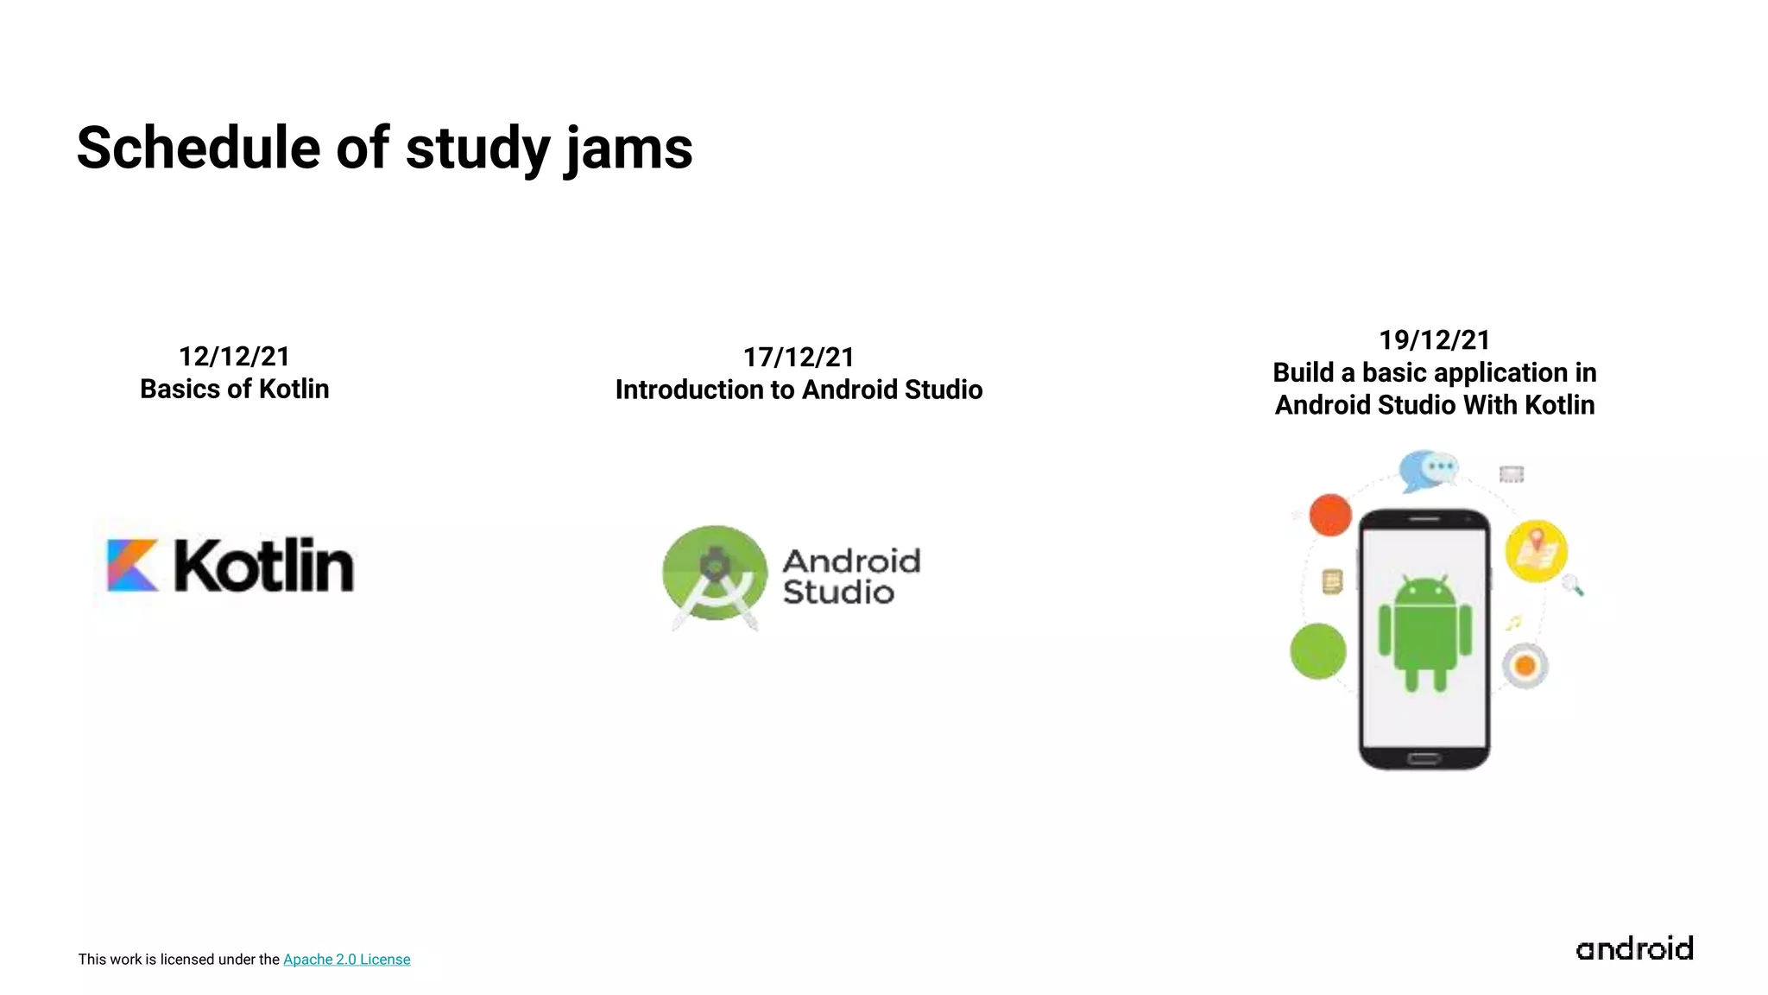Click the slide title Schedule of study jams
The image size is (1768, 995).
click(x=384, y=149)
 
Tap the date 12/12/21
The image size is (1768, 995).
click(x=234, y=356)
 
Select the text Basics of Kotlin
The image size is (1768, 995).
click(x=234, y=389)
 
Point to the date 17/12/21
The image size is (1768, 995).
click(x=799, y=357)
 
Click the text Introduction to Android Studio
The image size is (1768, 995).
click(x=799, y=390)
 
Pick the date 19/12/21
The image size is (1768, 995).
click(x=1434, y=339)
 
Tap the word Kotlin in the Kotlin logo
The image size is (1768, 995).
click(x=264, y=566)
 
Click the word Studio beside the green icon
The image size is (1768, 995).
click(x=837, y=593)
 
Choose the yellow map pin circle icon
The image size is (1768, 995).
click(x=1536, y=550)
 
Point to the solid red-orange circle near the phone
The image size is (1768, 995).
click(x=1329, y=515)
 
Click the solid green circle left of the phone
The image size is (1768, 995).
click(x=1317, y=650)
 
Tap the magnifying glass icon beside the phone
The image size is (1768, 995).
click(x=1573, y=586)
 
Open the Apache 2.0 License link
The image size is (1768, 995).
click(x=346, y=959)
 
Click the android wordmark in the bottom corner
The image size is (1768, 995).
click(x=1633, y=948)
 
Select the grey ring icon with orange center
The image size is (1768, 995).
click(x=1525, y=666)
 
